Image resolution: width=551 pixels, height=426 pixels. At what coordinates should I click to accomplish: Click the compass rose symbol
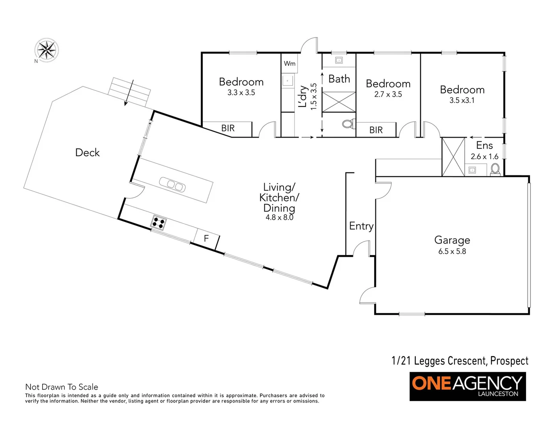pos(47,50)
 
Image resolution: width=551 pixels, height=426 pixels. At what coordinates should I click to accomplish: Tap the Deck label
pos(87,153)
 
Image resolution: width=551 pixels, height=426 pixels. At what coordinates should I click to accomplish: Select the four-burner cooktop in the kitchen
pos(159,223)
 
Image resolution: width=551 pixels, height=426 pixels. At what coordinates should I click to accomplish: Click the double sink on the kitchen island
pos(172,185)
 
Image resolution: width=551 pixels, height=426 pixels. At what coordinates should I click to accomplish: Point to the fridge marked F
pos(206,239)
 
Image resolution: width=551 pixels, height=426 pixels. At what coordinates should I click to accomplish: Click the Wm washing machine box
pos(290,64)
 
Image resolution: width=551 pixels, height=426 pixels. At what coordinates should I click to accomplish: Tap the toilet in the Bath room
pos(347,124)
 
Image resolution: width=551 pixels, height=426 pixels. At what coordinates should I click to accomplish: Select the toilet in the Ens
pos(495,169)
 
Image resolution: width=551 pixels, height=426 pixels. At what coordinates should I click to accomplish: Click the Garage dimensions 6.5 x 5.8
pos(452,251)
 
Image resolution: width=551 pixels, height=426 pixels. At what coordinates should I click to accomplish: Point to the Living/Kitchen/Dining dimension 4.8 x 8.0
pos(279,217)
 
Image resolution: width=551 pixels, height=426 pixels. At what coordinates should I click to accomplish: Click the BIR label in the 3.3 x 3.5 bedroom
pos(228,128)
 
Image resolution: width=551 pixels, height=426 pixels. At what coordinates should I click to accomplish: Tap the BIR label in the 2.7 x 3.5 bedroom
pos(376,130)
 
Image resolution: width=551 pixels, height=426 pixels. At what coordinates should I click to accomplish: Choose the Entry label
pos(361,226)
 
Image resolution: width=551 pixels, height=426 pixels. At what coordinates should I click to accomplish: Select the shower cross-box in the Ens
pos(453,157)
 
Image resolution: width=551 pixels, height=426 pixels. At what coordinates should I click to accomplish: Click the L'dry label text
pos(303,96)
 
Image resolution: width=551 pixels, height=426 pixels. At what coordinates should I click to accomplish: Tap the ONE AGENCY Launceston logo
pos(467,386)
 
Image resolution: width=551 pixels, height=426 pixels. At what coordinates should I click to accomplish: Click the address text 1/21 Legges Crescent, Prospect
pos(460,361)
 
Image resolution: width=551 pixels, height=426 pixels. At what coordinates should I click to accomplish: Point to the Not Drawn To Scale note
pos(62,387)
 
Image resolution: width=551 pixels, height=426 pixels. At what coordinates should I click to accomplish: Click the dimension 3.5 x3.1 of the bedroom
pos(462,100)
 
